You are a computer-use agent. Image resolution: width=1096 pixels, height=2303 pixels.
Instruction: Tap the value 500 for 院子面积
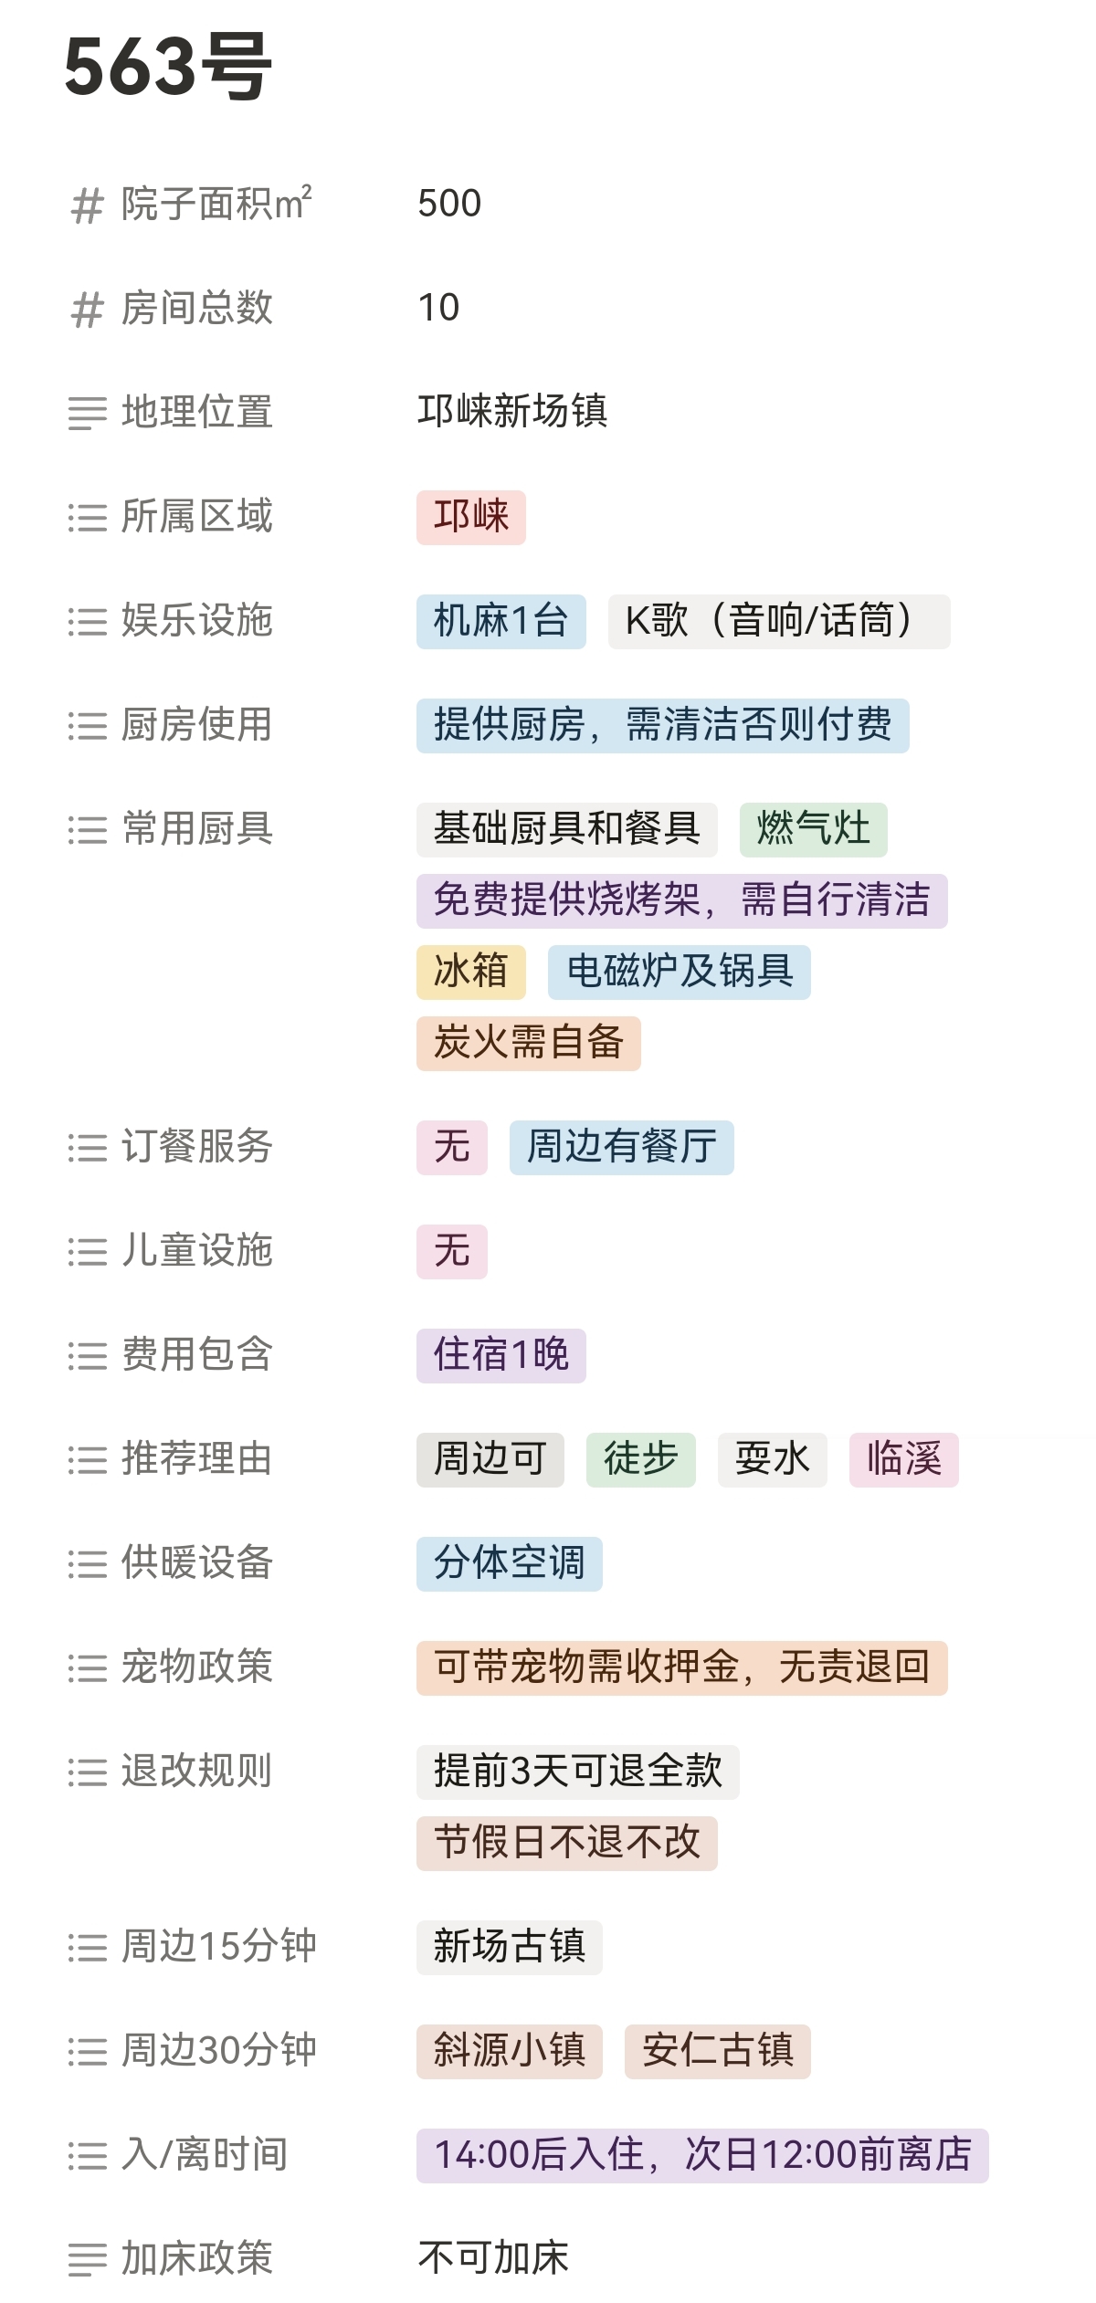click(x=449, y=203)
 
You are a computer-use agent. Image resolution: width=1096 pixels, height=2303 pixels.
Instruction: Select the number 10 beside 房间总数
click(x=438, y=308)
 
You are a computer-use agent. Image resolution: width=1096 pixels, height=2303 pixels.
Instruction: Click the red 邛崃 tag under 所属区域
click(x=470, y=517)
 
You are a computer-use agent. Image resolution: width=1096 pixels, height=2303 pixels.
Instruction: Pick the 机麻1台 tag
click(x=501, y=621)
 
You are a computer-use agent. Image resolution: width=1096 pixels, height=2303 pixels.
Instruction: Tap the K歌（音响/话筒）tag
click(x=778, y=621)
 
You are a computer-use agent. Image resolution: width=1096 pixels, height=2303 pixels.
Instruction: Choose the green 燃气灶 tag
click(x=813, y=829)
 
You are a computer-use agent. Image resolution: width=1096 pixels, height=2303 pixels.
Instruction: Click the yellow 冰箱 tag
click(x=470, y=972)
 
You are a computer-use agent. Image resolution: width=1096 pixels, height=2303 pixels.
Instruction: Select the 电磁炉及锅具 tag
click(x=679, y=972)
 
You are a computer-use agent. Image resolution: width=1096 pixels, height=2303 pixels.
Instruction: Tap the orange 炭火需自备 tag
click(x=528, y=1043)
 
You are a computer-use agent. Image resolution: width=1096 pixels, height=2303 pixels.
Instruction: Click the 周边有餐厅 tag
click(x=621, y=1147)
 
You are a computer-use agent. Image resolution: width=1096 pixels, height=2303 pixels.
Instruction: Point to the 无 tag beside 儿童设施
click(x=451, y=1251)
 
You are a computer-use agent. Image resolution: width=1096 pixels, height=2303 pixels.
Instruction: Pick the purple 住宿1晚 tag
click(x=501, y=1355)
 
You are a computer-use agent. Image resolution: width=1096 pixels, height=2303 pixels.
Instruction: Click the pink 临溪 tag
click(x=903, y=1459)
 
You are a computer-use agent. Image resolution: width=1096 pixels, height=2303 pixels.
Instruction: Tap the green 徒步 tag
click(x=640, y=1459)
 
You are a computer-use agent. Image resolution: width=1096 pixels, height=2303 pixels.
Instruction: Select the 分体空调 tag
click(x=509, y=1563)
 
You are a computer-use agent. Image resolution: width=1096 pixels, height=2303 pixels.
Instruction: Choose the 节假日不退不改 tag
click(x=566, y=1843)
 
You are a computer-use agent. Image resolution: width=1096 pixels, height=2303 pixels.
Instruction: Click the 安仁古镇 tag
click(x=717, y=2051)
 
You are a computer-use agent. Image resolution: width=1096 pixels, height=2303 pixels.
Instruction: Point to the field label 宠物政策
click(x=197, y=1667)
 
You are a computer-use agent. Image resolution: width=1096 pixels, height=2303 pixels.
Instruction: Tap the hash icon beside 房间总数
click(x=88, y=310)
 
